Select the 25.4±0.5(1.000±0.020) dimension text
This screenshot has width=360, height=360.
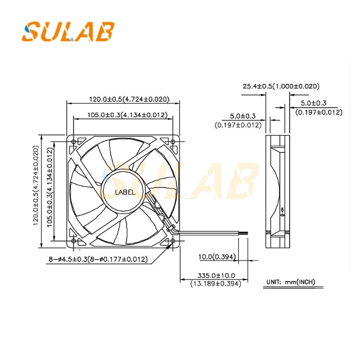(281, 86)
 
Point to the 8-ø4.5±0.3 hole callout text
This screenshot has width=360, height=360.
(98, 259)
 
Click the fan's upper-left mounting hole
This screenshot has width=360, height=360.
(74, 141)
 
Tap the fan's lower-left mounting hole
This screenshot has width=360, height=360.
(74, 241)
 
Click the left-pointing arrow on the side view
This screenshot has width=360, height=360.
(282, 215)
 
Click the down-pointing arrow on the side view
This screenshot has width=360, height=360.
(282, 209)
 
